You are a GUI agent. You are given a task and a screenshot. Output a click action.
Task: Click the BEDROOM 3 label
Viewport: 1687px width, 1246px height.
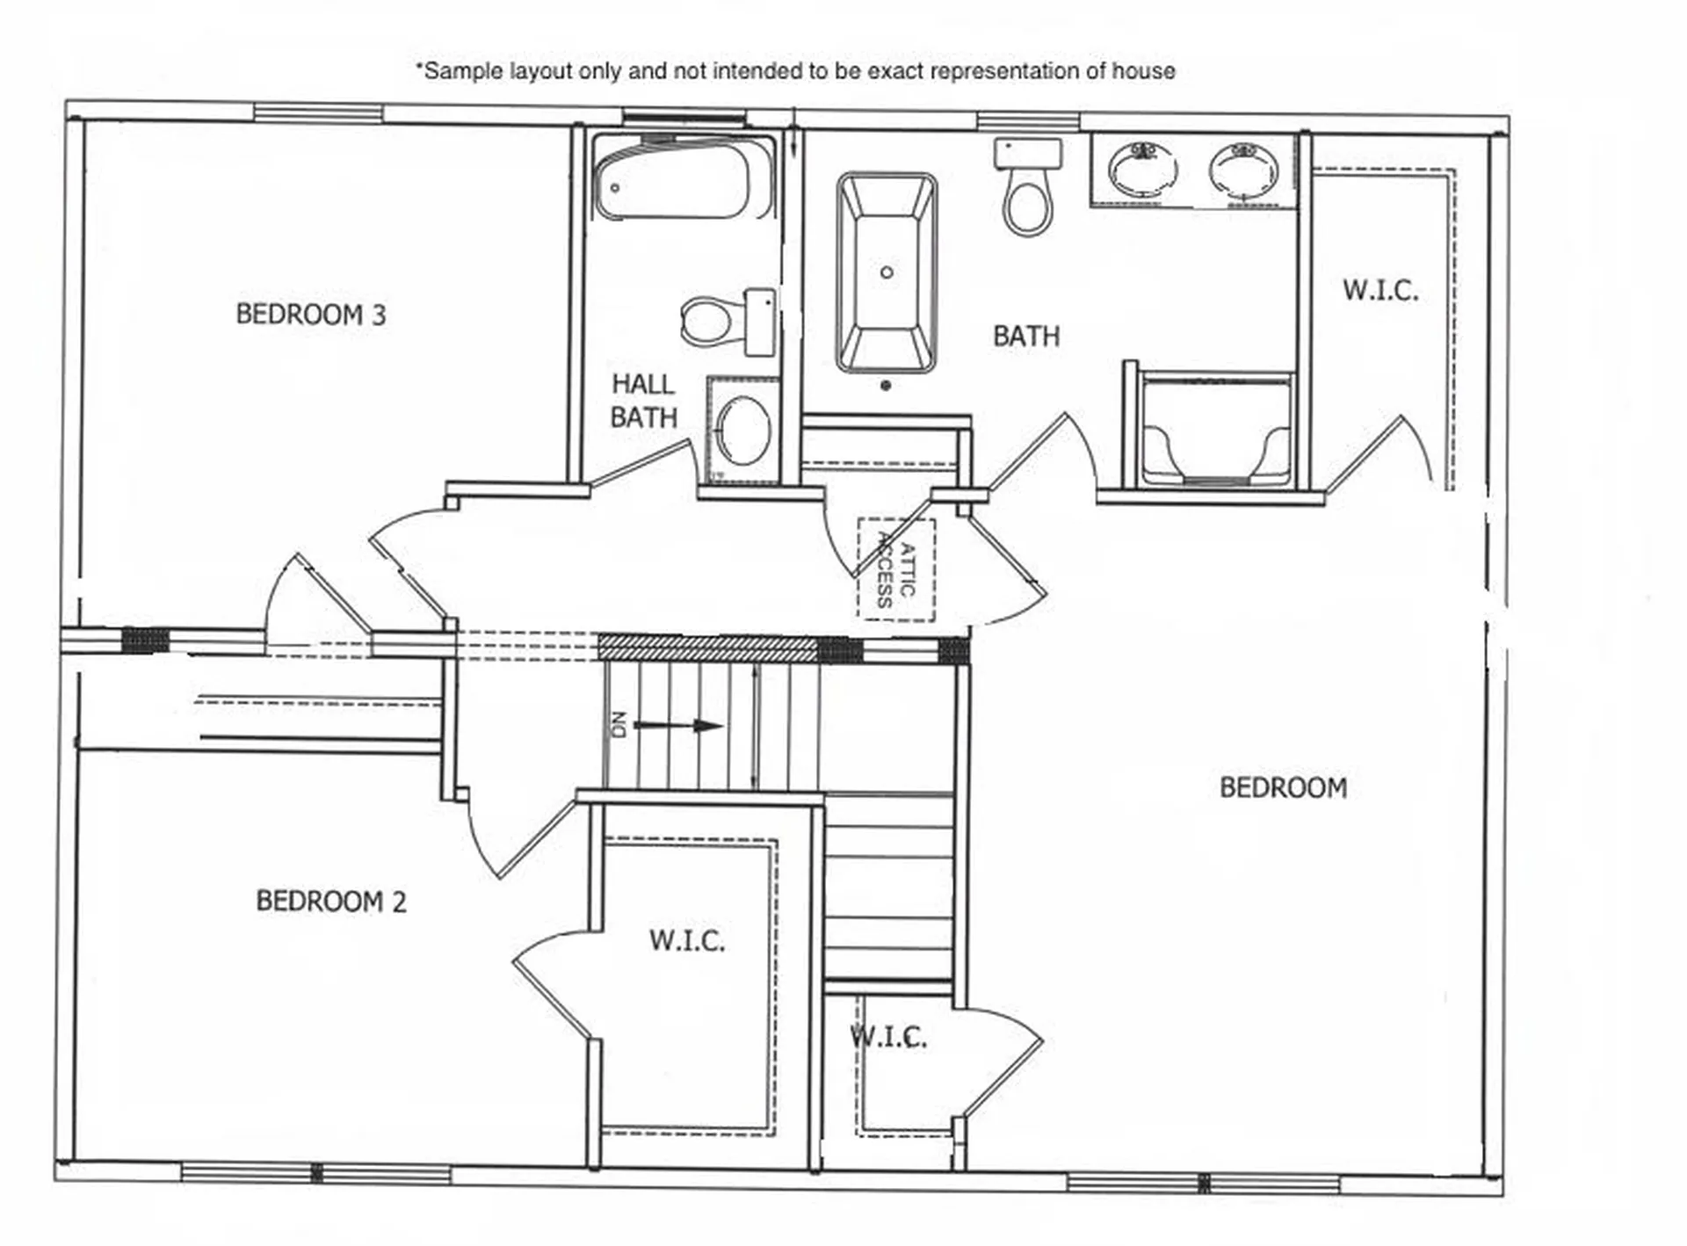coord(310,315)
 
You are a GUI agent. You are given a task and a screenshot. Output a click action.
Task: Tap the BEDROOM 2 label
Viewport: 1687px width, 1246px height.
coord(330,902)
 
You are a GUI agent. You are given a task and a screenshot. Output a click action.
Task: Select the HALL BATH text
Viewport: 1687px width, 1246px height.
coord(643,401)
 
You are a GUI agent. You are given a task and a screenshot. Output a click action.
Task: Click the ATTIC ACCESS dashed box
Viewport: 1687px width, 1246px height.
coord(896,570)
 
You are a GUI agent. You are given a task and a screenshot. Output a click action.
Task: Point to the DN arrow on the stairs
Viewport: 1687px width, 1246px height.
coord(677,726)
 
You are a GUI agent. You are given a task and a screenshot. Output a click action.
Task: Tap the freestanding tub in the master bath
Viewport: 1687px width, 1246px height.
coord(887,272)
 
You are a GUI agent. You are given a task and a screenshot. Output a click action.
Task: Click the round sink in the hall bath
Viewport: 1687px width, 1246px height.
coord(743,431)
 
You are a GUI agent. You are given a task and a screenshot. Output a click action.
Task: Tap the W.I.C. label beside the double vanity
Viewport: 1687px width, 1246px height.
coord(1379,291)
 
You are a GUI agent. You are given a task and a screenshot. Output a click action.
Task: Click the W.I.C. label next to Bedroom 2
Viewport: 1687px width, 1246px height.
coord(687,941)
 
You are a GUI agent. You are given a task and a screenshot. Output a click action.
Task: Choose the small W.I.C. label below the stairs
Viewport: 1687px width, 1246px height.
coord(888,1038)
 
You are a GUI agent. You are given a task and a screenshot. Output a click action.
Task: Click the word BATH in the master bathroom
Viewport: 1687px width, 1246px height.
coord(1025,337)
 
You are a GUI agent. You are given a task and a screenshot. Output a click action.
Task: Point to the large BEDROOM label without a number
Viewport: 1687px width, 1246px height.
coord(1283,787)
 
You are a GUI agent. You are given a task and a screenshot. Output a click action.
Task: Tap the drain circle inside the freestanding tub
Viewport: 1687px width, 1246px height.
coord(887,272)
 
